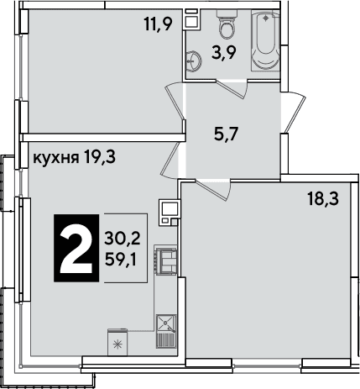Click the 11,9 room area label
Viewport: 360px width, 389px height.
click(x=159, y=24)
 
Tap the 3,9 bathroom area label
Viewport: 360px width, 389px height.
click(x=224, y=53)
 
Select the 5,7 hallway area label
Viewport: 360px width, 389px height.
click(x=226, y=134)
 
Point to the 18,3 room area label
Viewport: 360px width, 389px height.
click(x=323, y=199)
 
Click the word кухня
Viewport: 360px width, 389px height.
click(x=55, y=159)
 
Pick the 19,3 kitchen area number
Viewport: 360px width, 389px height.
click(x=99, y=158)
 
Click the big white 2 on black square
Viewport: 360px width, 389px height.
click(x=76, y=248)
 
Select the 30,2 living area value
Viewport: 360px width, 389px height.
click(x=123, y=239)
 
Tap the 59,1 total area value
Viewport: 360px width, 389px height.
click(x=120, y=261)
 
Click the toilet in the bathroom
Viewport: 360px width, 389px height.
click(x=226, y=24)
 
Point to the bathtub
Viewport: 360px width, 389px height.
click(x=265, y=39)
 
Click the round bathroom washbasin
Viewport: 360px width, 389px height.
click(x=194, y=60)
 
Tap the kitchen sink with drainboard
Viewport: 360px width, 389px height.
click(x=166, y=331)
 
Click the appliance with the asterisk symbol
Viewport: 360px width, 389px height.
click(x=117, y=342)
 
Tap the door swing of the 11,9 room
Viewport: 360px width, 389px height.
click(x=175, y=103)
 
